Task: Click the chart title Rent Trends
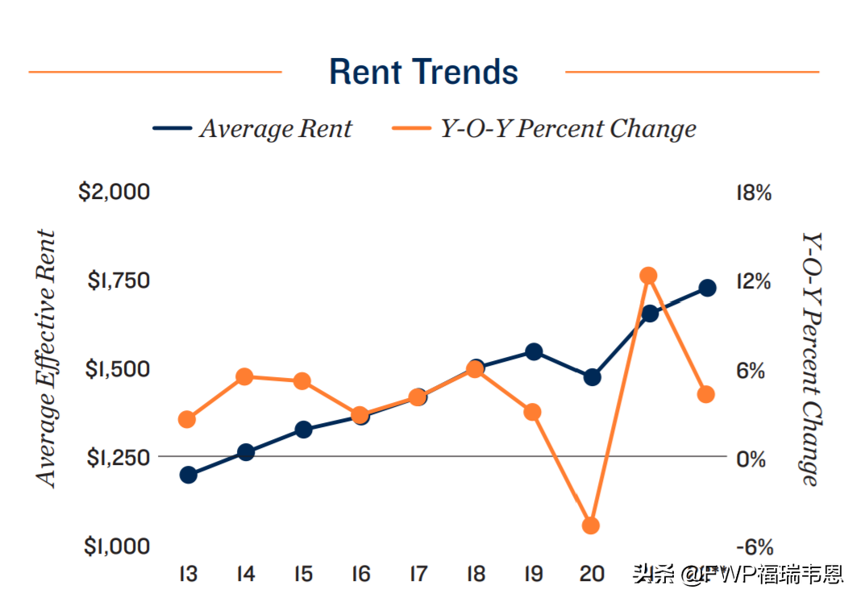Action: (x=423, y=72)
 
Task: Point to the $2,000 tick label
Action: (x=114, y=193)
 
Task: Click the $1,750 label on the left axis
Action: (x=119, y=281)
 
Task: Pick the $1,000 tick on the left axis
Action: (x=117, y=546)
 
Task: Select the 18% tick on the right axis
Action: (x=754, y=193)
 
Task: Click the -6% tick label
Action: (x=754, y=547)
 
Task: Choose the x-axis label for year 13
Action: (x=189, y=575)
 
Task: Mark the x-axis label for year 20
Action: (x=592, y=575)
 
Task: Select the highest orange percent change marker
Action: (x=649, y=276)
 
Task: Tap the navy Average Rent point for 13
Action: (x=189, y=475)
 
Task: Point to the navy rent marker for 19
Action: (x=534, y=351)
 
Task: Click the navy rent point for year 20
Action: (x=593, y=376)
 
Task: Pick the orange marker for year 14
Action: (x=246, y=376)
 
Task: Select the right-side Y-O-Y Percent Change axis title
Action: (x=811, y=359)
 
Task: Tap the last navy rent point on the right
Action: (x=707, y=288)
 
